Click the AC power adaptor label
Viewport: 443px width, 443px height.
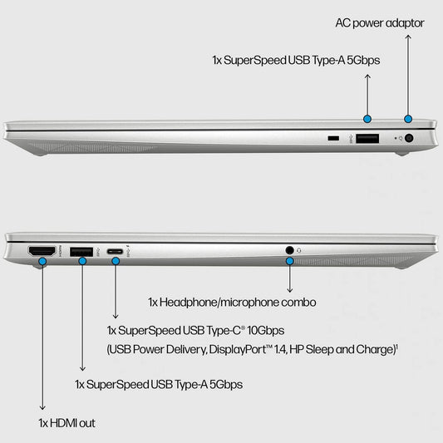[380, 22]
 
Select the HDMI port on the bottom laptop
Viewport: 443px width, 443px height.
[42, 250]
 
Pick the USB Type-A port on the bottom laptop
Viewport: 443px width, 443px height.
[81, 250]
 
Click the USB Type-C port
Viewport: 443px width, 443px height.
[116, 250]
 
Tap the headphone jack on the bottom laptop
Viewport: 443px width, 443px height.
[289, 249]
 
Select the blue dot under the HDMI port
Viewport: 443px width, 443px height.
[42, 262]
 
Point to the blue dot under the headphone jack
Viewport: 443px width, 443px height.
[289, 261]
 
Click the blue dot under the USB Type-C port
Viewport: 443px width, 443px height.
[116, 261]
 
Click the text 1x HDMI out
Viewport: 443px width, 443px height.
[66, 423]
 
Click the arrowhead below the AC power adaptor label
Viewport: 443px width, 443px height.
[408, 39]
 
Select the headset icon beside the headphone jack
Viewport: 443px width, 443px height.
[299, 249]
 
